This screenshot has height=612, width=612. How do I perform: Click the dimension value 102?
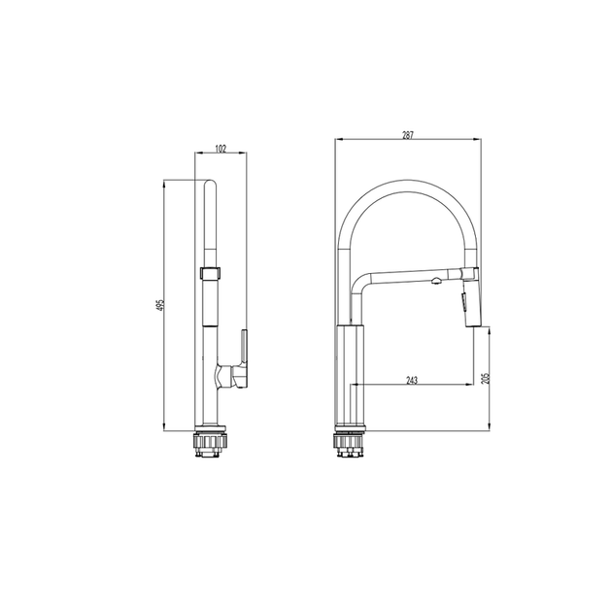click(221, 149)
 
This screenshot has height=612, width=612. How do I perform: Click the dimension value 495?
click(159, 305)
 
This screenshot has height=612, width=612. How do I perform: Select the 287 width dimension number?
click(408, 135)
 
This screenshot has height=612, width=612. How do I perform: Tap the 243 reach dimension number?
click(412, 380)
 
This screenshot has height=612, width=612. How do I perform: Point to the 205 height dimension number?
click(485, 378)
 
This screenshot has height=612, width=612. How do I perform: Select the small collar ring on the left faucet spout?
click(211, 273)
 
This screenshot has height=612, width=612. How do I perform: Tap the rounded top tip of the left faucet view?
click(210, 181)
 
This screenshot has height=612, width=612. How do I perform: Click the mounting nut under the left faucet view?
click(210, 444)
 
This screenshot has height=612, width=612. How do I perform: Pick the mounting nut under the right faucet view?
click(350, 444)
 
